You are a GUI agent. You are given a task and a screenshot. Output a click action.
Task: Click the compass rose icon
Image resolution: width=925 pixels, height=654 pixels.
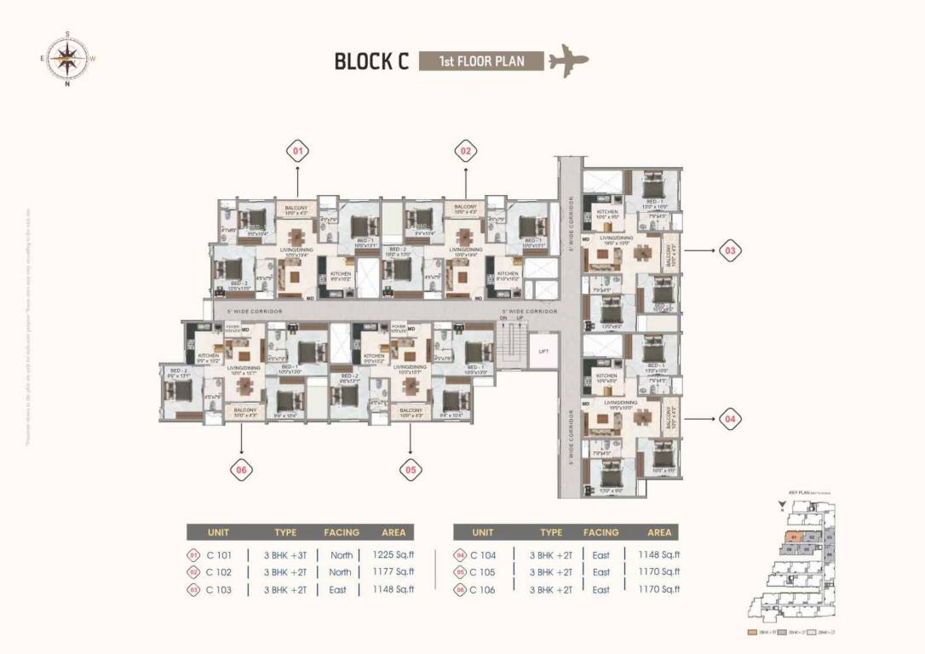tap(67, 58)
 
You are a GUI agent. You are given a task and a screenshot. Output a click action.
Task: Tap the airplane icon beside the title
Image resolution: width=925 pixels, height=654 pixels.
tap(568, 61)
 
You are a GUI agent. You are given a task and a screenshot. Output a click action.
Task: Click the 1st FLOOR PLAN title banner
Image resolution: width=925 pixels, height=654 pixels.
tap(481, 61)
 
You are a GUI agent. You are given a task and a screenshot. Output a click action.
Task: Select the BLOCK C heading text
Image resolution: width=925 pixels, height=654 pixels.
tap(371, 61)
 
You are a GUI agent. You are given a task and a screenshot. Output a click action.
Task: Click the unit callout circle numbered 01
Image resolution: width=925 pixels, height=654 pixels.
tap(297, 152)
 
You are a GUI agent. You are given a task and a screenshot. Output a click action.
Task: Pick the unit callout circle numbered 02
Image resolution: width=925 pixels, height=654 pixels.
tap(465, 152)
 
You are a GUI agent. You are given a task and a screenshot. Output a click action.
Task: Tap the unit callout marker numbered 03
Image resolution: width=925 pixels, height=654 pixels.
tap(730, 251)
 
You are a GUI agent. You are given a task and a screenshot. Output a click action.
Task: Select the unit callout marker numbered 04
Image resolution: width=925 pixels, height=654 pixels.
tap(730, 419)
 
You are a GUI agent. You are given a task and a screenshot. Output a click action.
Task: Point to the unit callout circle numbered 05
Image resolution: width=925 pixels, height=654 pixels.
tap(411, 468)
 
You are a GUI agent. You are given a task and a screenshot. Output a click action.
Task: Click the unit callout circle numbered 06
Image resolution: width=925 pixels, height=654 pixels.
tap(242, 468)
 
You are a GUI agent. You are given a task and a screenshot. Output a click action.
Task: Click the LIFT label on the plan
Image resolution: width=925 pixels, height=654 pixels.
tap(543, 350)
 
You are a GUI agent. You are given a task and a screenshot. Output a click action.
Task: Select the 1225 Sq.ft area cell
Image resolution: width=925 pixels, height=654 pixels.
tap(393, 554)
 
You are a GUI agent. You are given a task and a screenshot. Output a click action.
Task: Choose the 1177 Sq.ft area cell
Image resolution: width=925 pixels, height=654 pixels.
tap(393, 572)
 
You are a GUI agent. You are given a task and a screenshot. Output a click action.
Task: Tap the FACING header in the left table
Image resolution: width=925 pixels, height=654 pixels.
tap(342, 532)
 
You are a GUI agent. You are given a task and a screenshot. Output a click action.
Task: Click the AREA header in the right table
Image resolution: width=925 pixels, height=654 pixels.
tap(659, 532)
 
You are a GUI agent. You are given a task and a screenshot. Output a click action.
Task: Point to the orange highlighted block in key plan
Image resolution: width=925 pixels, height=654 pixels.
tap(793, 537)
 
